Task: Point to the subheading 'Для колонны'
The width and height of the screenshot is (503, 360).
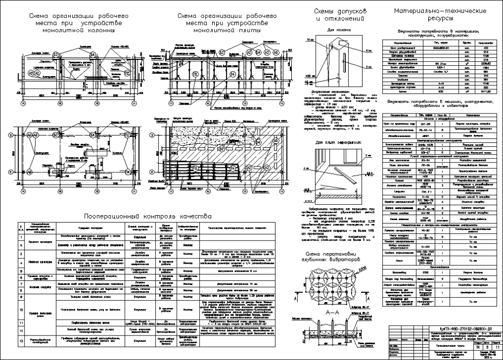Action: point(335,30)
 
